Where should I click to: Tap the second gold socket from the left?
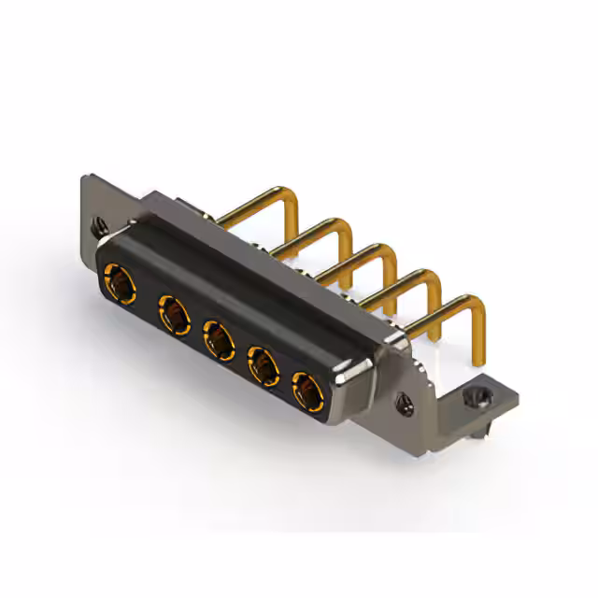pyautogui.click(x=173, y=312)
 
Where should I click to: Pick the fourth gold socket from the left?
pyautogui.click(x=263, y=363)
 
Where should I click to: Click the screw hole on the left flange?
pyautogui.click(x=99, y=225)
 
